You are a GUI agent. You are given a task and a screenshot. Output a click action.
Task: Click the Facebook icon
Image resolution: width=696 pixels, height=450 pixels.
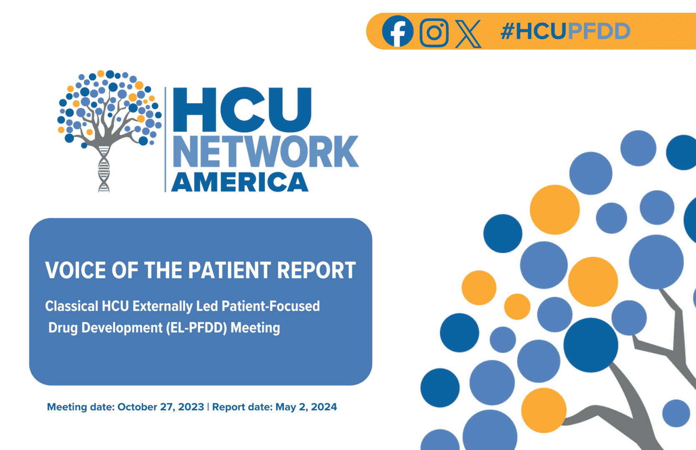pyautogui.click(x=397, y=31)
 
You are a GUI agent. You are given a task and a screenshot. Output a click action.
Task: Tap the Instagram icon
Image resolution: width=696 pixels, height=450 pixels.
pyautogui.click(x=434, y=32)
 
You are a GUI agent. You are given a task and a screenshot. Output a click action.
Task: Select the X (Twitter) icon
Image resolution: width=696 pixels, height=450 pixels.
pyautogui.click(x=468, y=33)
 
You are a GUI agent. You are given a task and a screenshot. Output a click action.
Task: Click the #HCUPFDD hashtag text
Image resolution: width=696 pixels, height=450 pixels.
pyautogui.click(x=565, y=32)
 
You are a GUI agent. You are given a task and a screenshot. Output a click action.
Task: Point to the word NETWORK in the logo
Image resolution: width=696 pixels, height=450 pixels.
pyautogui.click(x=266, y=152)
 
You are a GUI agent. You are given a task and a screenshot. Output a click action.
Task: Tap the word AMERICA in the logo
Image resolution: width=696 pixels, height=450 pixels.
pyautogui.click(x=240, y=182)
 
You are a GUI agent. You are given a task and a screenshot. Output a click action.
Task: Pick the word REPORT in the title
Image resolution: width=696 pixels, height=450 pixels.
pyautogui.click(x=317, y=270)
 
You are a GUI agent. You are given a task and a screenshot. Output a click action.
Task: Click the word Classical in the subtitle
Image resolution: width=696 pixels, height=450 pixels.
pyautogui.click(x=71, y=306)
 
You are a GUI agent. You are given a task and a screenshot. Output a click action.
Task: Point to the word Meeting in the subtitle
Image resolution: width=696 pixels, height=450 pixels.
pyautogui.click(x=255, y=328)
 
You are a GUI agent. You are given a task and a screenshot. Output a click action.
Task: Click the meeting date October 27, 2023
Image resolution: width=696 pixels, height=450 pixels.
pyautogui.click(x=161, y=407)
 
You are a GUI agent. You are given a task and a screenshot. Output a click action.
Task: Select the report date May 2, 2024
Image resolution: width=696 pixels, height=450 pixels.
pyautogui.click(x=306, y=407)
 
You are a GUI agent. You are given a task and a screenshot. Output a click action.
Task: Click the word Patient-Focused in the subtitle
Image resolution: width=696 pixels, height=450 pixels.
pyautogui.click(x=271, y=306)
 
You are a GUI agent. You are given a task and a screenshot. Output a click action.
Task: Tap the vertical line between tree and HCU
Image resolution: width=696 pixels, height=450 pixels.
pyautogui.click(x=166, y=140)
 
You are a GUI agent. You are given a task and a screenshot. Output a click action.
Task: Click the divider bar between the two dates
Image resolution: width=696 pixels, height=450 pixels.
pyautogui.click(x=208, y=407)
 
